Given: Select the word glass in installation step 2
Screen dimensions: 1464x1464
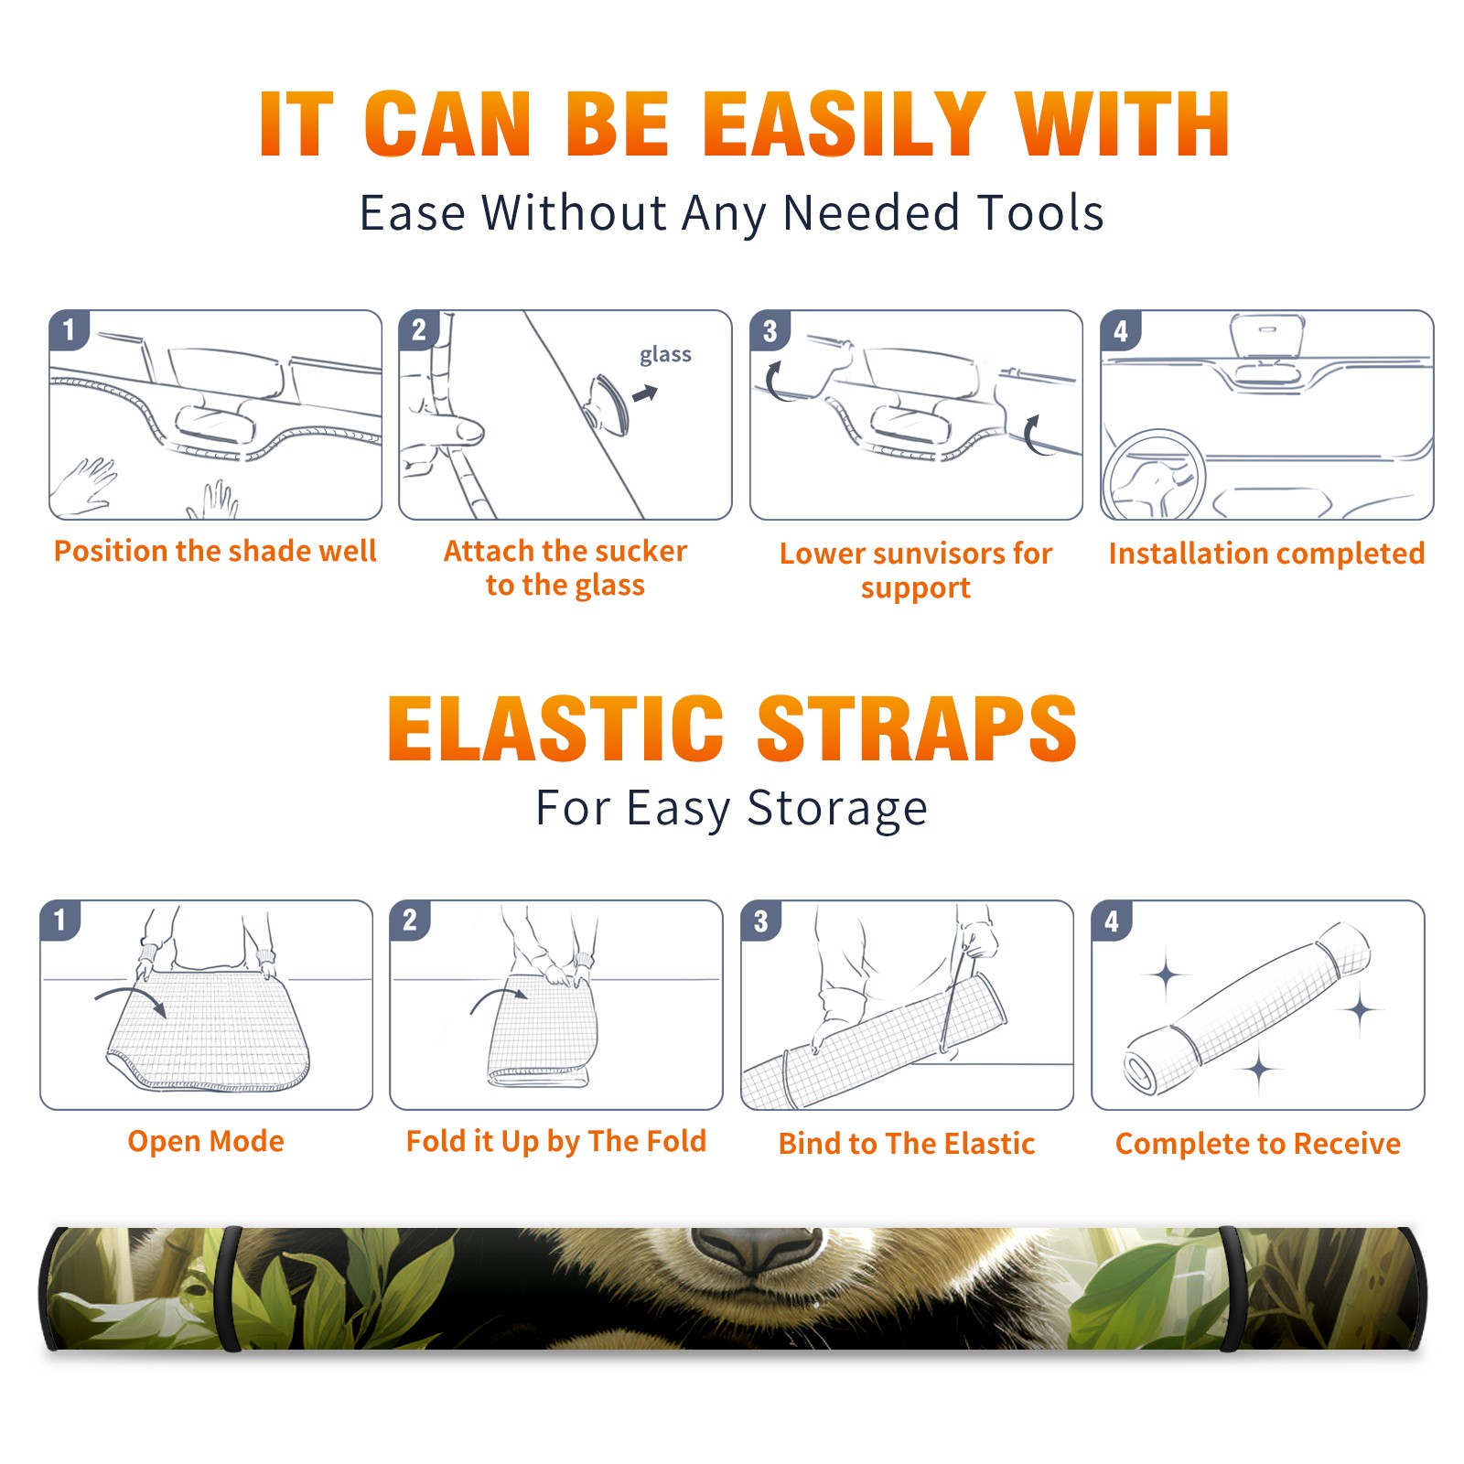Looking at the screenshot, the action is tap(665, 355).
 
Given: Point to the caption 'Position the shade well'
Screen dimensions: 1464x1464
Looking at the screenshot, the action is tap(215, 551).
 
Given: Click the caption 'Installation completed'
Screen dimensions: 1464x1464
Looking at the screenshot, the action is tap(1266, 554).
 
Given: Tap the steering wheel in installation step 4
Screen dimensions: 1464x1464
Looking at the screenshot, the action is tap(1154, 476).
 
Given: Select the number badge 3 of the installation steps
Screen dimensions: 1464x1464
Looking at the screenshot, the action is tap(770, 330).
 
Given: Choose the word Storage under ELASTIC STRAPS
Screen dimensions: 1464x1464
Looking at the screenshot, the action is tap(837, 810).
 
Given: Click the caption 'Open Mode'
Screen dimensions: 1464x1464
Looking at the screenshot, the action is tap(206, 1141).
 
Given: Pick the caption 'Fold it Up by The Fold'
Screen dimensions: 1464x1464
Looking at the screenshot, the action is tap(556, 1142).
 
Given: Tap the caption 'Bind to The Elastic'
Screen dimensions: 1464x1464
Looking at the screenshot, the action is tap(907, 1144).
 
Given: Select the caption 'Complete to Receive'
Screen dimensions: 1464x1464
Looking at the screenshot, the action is tap(1258, 1144).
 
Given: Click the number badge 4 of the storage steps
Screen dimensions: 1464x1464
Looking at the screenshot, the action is tap(1112, 920).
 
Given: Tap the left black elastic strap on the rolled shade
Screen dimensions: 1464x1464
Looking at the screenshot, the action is tap(229, 1288).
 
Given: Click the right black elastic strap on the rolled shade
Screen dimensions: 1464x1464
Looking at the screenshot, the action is tap(1230, 1288).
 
